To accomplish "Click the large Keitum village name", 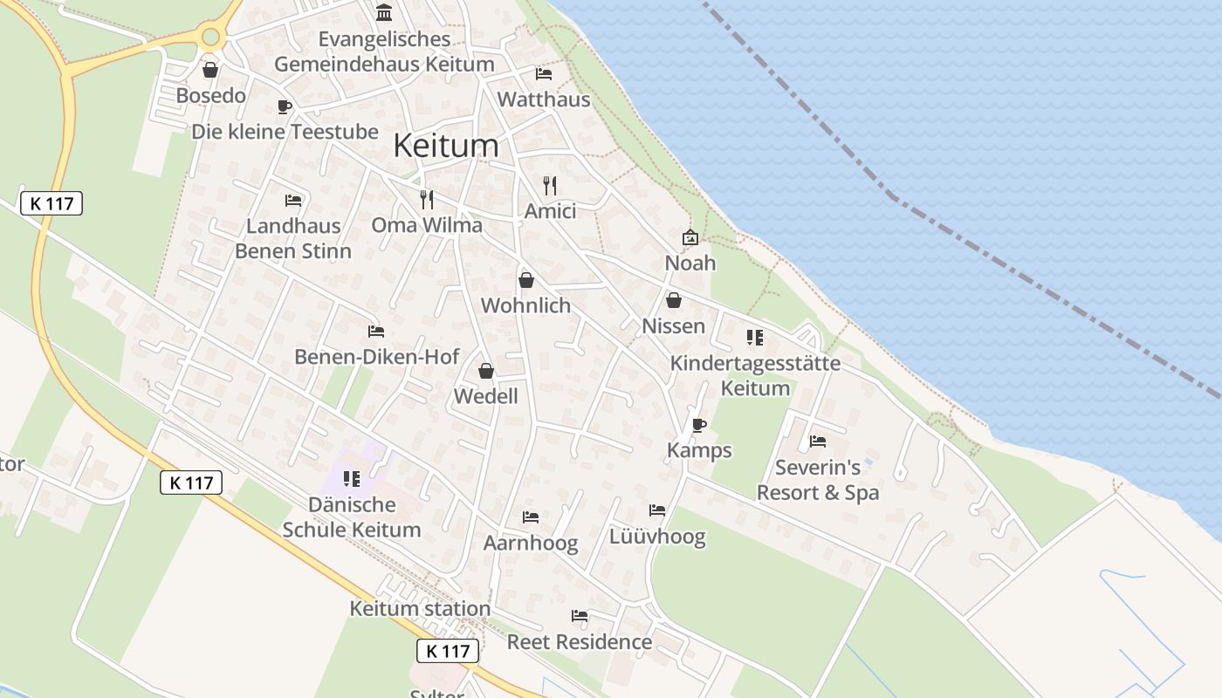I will [x=446, y=145].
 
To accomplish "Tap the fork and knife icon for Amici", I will [x=550, y=185].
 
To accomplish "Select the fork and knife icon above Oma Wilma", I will [x=427, y=200].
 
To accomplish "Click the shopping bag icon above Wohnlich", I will [x=526, y=280].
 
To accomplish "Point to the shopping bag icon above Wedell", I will [x=486, y=371].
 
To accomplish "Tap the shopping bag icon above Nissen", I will [x=674, y=300].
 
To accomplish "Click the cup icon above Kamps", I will [x=698, y=425].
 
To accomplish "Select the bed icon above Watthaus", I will [x=544, y=73].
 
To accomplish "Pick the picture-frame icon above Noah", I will [x=690, y=237].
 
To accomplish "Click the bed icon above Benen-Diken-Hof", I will [x=376, y=332].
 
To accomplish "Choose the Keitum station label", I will [x=420, y=608].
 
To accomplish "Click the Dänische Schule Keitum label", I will [x=352, y=517].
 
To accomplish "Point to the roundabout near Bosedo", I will [x=210, y=37].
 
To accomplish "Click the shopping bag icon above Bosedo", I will [x=210, y=70].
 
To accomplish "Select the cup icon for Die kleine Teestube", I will [x=284, y=106].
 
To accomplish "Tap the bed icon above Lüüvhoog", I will [x=657, y=510].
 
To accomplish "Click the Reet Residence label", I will [x=580, y=642].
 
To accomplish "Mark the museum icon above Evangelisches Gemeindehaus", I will [x=384, y=12].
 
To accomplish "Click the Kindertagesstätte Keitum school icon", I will [x=755, y=338].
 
